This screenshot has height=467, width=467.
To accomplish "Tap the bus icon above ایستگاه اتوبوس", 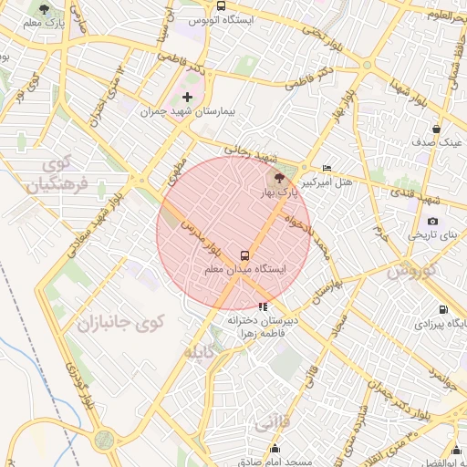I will (x=221, y=5).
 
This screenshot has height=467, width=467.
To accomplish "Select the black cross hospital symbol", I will (x=188, y=97).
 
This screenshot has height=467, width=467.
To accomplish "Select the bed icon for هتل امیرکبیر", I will (x=327, y=169).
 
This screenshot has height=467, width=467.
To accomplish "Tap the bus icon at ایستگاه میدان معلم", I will (x=244, y=255).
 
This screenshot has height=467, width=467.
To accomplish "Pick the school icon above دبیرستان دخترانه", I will (x=264, y=307).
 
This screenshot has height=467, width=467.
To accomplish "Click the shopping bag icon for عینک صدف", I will (x=436, y=129).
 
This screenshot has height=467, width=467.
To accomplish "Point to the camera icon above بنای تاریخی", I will (x=431, y=221).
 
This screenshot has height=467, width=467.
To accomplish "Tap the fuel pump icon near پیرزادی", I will (x=443, y=309).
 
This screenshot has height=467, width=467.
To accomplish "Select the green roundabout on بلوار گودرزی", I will (x=104, y=440).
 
